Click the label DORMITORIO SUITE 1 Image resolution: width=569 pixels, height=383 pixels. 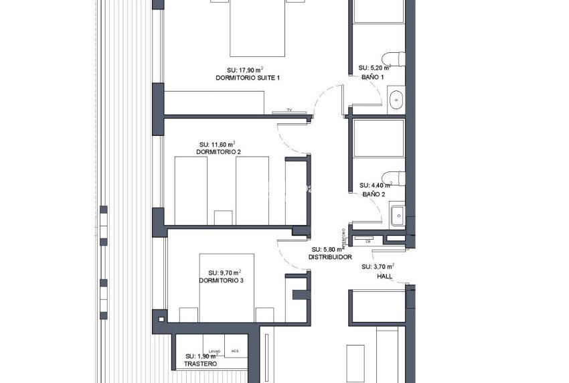coord(248,78)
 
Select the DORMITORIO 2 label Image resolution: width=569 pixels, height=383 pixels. coord(218,152)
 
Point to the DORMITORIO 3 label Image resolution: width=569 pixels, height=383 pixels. coord(221,281)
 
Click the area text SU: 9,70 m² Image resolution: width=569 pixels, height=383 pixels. coord(221,273)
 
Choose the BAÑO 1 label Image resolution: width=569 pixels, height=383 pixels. coord(373,76)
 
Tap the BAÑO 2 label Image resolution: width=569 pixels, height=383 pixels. coord(374,194)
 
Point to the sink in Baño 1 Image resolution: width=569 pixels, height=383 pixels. coord(396,99)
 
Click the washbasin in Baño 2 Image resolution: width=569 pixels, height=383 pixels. coord(396,215)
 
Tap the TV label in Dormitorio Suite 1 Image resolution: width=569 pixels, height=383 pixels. coord(290,110)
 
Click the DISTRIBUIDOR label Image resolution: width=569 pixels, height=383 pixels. coord(330,257)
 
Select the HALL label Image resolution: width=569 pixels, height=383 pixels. coord(385,275)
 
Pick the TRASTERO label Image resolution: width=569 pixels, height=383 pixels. coord(200,364)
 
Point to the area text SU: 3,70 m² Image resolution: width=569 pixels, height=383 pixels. coord(376,266)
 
